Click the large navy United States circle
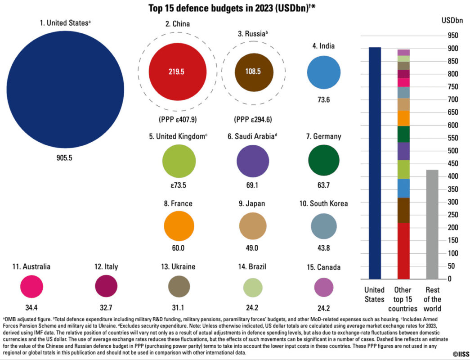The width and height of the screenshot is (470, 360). pyautogui.click(x=65, y=88)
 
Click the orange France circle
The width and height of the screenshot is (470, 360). pyautogui.click(x=179, y=225)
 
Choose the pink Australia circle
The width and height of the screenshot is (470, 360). pyautogui.click(x=31, y=287)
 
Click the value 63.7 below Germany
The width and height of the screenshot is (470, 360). pyautogui.click(x=324, y=184)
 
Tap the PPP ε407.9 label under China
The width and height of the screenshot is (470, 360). pyautogui.click(x=178, y=120)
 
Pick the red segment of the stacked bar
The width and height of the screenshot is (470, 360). pyautogui.click(x=403, y=251)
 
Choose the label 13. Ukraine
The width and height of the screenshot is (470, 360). pyautogui.click(x=178, y=266)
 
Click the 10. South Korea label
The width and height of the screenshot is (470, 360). pyautogui.click(x=323, y=203)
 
